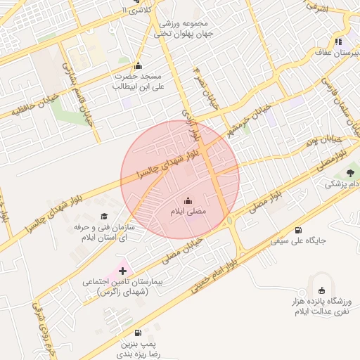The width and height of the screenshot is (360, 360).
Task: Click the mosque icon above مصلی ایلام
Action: [187, 200]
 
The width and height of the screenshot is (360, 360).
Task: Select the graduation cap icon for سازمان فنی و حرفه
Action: [104, 217]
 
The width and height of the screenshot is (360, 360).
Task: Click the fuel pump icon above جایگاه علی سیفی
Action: [299, 230]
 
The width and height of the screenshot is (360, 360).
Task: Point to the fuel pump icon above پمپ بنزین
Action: [137, 333]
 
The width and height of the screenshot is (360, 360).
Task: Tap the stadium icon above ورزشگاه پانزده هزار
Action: [322, 290]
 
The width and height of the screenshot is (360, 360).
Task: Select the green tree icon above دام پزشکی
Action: [349, 172]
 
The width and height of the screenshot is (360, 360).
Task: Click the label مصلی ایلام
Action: [187, 211]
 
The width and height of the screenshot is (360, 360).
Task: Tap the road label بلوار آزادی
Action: [187, 123]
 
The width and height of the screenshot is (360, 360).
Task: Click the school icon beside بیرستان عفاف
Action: [338, 42]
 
